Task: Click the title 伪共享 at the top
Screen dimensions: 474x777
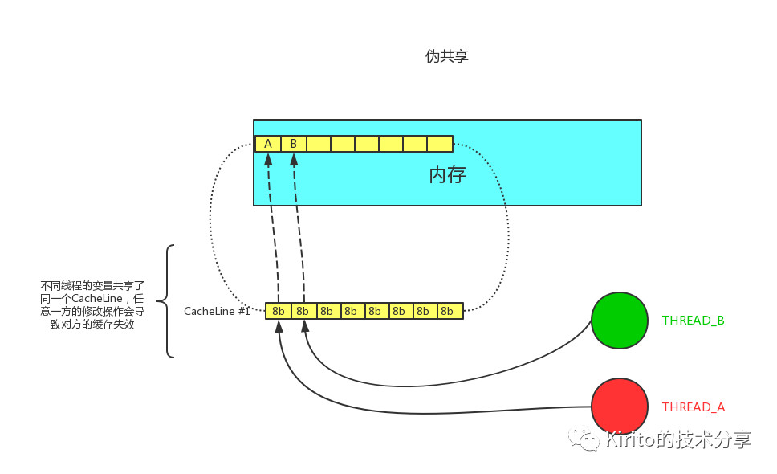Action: [446, 56]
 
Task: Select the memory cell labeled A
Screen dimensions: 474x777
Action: [268, 144]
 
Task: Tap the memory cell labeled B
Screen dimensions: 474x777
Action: [293, 144]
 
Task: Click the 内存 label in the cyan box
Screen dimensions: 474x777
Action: [447, 174]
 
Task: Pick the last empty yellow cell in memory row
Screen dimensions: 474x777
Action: [440, 144]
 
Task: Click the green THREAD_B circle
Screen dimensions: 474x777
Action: [619, 320]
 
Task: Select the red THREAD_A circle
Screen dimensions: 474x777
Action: [619, 406]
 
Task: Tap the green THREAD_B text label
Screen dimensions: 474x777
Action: [693, 320]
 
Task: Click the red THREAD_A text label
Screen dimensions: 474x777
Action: [693, 407]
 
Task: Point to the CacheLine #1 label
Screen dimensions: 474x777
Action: [217, 311]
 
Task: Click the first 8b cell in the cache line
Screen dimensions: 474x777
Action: [279, 311]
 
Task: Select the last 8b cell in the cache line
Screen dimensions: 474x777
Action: [450, 311]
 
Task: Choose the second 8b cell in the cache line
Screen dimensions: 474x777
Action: [303, 311]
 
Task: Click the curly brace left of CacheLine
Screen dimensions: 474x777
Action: [166, 301]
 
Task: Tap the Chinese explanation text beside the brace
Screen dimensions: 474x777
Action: [93, 305]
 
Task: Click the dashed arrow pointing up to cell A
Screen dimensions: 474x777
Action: [272, 233]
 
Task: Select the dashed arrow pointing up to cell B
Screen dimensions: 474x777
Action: [299, 233]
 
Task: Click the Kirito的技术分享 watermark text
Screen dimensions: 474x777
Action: [679, 439]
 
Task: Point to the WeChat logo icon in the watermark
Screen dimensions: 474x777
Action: [584, 439]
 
